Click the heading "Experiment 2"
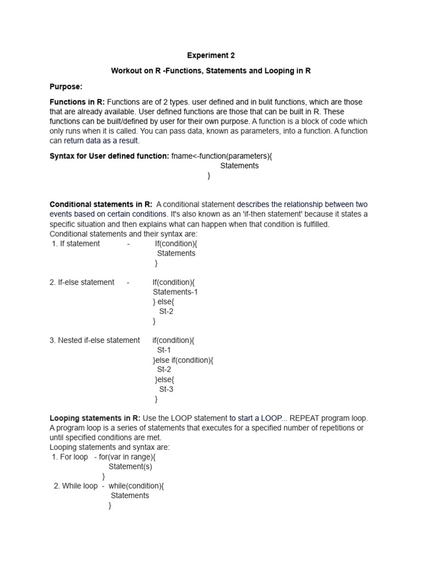click(x=211, y=56)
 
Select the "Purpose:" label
click(x=66, y=87)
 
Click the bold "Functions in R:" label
click(x=77, y=102)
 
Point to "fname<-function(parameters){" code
click(x=221, y=156)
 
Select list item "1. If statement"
click(x=76, y=244)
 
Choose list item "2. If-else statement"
click(x=82, y=282)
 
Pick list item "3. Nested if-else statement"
click(x=95, y=340)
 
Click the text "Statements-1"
click(x=175, y=292)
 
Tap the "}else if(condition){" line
click(x=183, y=360)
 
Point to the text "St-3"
click(x=166, y=389)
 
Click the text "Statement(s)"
click(x=130, y=467)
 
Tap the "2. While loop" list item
click(x=76, y=486)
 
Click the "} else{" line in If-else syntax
click(x=164, y=302)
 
